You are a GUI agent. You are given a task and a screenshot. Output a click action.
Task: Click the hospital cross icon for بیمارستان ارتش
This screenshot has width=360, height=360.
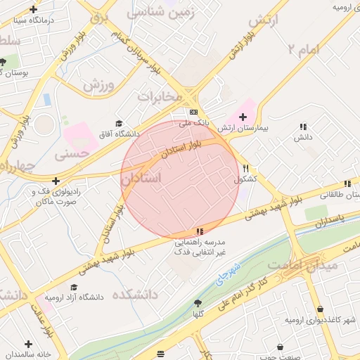[243, 117]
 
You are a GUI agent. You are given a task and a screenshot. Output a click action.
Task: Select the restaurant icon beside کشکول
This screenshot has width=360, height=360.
[245, 169]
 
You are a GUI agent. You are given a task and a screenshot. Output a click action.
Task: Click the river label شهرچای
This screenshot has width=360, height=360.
[224, 271]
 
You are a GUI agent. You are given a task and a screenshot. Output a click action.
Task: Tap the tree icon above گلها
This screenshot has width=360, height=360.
[198, 303]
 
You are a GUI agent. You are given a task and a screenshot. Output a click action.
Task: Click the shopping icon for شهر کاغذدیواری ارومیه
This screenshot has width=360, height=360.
[321, 309]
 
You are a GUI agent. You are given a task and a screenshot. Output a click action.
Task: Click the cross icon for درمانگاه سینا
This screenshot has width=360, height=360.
[33, 10]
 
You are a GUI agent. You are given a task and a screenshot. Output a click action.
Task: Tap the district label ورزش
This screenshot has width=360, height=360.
[98, 85]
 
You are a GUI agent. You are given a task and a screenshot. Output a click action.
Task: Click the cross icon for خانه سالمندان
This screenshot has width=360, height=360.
[28, 345]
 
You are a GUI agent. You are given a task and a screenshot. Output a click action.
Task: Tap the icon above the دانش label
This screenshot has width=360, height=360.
[303, 127]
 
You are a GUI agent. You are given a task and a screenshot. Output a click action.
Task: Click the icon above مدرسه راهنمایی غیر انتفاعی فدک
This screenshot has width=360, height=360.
[200, 231]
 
